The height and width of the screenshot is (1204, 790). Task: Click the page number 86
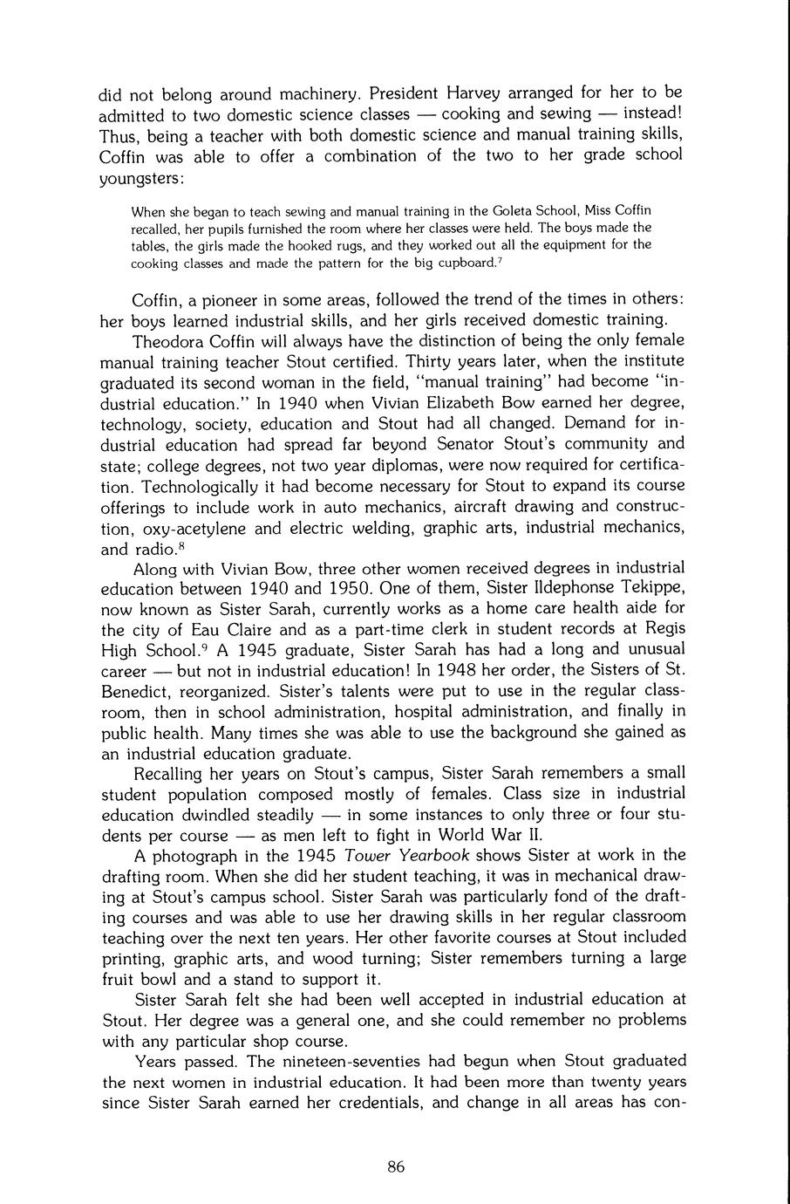tap(395, 1167)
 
